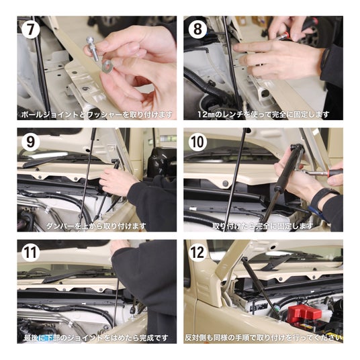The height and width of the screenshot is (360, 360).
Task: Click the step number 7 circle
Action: [x=30, y=29]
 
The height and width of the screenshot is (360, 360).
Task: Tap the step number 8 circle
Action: [x=197, y=29]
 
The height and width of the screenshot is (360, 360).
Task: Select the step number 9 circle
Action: [x=30, y=142]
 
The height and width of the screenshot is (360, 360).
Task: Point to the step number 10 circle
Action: [x=197, y=142]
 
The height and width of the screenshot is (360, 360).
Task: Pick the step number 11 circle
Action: [x=30, y=253]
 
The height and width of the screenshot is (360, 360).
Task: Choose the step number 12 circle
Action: [x=197, y=253]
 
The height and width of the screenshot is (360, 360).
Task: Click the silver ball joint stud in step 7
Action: [x=93, y=49]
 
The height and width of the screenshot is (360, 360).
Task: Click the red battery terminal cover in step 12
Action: [x=304, y=313]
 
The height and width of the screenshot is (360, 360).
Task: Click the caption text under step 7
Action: [x=97, y=114]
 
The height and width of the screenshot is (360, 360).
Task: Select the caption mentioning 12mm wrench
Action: [x=263, y=114]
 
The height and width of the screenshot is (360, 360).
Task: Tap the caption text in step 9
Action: [x=96, y=226]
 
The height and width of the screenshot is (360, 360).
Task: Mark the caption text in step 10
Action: [x=263, y=226]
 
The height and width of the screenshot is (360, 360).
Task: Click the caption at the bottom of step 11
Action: [x=96, y=338]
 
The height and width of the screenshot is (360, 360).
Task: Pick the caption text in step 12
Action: [x=263, y=338]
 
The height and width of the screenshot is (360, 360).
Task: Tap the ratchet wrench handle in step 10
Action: [x=335, y=173]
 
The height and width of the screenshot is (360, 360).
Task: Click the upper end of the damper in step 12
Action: [x=244, y=260]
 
